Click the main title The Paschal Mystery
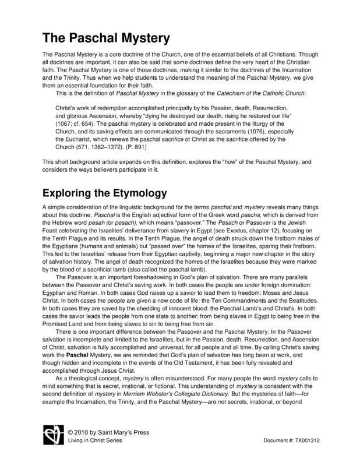click(105, 39)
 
